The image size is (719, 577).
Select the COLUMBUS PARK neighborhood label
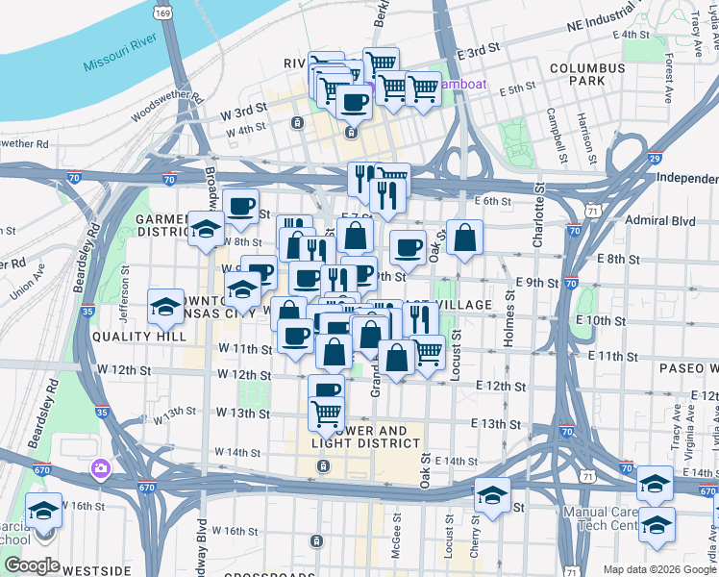click(584, 76)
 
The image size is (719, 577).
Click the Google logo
click(32, 565)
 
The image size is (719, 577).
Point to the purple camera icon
click(100, 468)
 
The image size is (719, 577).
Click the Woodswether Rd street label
click(167, 104)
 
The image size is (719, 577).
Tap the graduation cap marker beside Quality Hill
click(165, 307)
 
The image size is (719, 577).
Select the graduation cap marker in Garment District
click(206, 229)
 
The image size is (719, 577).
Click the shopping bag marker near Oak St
click(464, 239)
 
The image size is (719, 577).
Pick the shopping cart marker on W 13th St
click(327, 414)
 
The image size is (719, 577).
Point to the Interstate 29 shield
click(654, 158)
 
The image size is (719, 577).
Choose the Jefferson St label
click(123, 302)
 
